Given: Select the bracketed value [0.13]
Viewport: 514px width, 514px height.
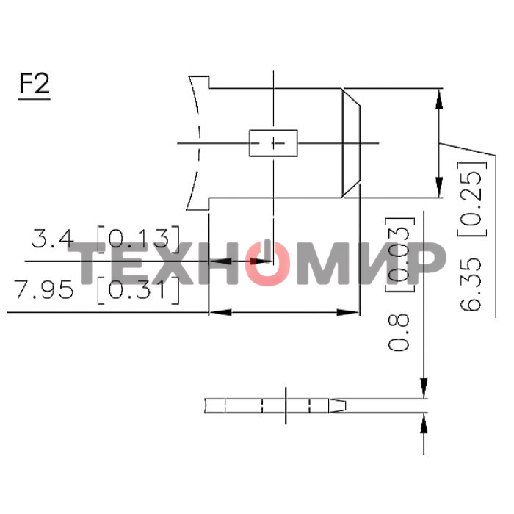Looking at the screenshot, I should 138,239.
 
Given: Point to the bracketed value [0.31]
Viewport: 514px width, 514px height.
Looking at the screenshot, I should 138,290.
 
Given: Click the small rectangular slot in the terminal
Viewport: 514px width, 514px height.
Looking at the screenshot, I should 273,142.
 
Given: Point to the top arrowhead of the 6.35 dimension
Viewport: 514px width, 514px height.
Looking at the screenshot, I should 440,97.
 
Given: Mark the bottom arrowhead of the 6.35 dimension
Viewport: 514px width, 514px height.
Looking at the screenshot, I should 440,189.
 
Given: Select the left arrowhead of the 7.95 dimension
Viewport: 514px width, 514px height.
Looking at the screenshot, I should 217,313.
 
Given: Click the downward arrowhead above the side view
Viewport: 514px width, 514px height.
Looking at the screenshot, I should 424,388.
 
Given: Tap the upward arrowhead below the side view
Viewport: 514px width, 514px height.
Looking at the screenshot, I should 424,424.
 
